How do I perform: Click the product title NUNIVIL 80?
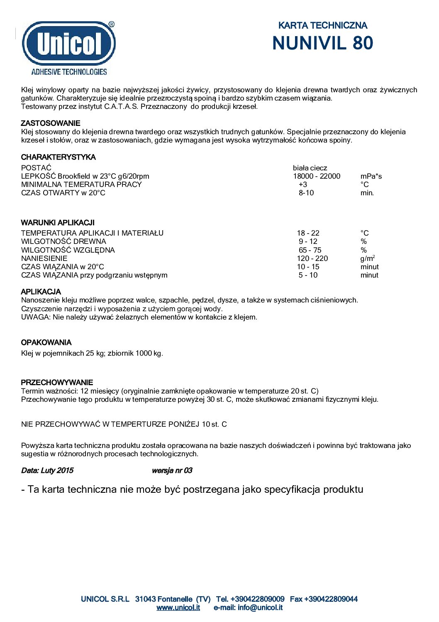(322, 43)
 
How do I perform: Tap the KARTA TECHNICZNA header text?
(322, 25)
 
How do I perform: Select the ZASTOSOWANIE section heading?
(51, 123)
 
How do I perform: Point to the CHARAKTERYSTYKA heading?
(58, 157)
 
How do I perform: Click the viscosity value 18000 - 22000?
(317, 176)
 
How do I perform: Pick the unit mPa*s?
(371, 176)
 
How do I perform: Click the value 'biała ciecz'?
(310, 168)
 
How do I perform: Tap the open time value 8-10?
(306, 193)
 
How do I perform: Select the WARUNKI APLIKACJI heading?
(58, 223)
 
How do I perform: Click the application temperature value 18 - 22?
(308, 233)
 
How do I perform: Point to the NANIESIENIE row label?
(44, 258)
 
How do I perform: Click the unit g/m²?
(368, 258)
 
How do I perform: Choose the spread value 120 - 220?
(312, 258)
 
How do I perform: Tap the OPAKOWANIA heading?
(46, 342)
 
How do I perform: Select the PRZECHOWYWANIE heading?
(57, 382)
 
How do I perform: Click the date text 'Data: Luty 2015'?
(47, 470)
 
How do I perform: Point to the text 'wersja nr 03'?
(172, 470)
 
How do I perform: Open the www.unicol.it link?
(178, 607)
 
